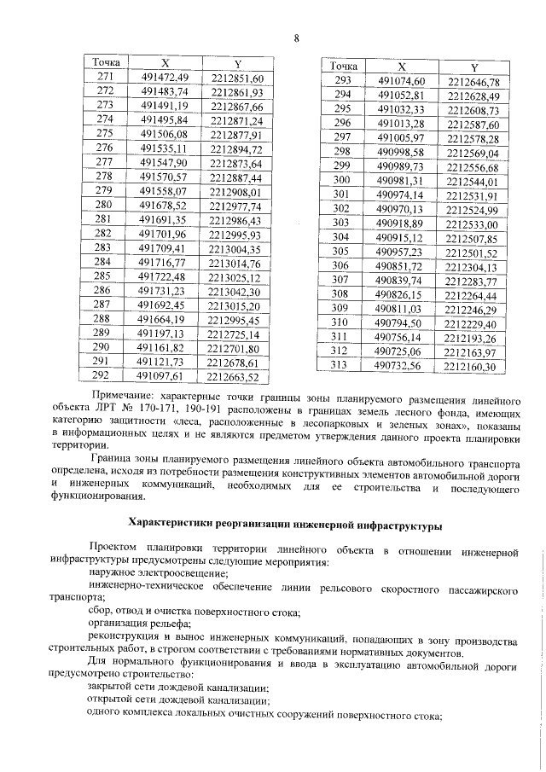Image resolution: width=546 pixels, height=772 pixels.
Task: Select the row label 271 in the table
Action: coord(107,78)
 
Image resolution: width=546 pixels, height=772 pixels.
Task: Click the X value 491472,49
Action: coord(164,78)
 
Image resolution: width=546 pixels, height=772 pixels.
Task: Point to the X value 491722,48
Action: coord(164,276)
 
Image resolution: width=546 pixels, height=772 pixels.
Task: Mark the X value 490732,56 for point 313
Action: coord(399,366)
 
